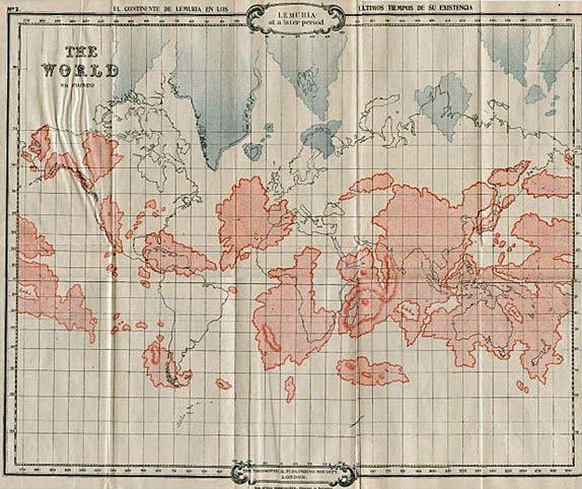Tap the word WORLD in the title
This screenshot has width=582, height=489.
pyautogui.click(x=81, y=70)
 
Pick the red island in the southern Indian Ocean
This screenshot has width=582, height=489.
pyautogui.click(x=372, y=370)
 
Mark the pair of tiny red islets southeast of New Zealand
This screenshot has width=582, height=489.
pyautogui.click(x=522, y=386)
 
